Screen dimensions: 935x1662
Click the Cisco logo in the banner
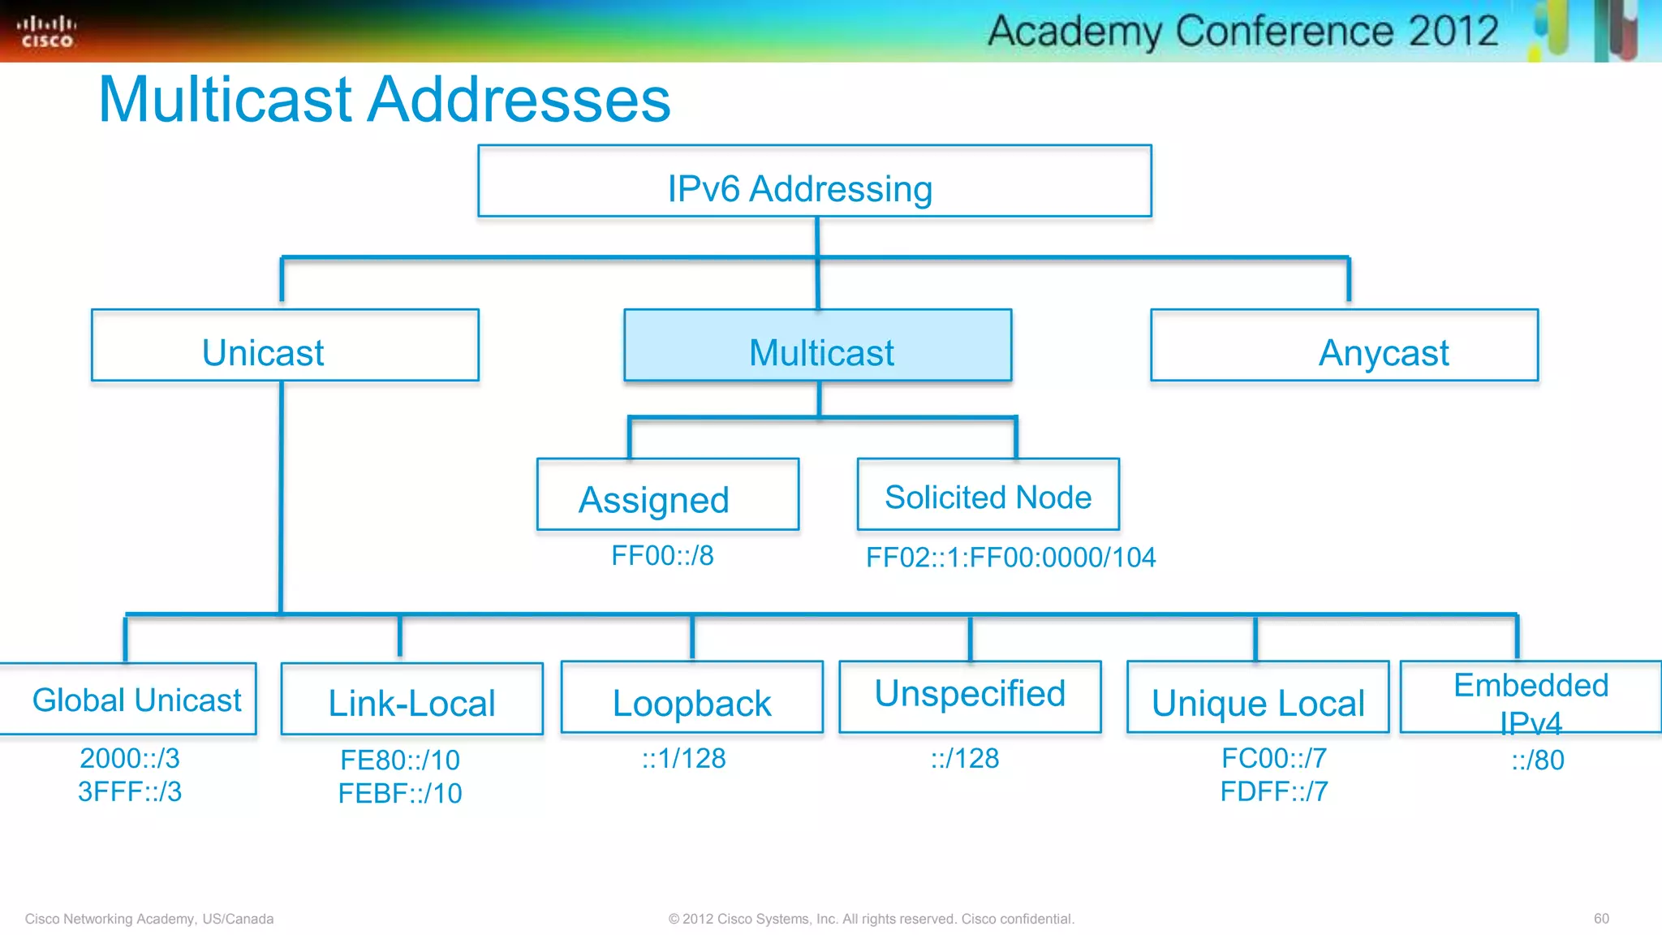coord(46,31)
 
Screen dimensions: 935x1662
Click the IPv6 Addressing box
coord(814,181)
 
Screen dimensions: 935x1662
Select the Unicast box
coord(285,346)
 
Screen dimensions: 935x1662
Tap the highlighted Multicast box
coord(817,346)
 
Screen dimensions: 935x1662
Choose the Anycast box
coord(1344,346)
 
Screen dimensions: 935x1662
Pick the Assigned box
coord(667,494)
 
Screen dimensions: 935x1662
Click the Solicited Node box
coord(988,494)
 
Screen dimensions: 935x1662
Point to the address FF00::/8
coord(662,556)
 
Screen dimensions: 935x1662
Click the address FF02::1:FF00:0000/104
coord(1010,558)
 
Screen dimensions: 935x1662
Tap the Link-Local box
coord(411,699)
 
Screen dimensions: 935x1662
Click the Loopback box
coord(691,698)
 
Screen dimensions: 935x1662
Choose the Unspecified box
coord(970,696)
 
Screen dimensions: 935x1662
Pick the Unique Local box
coord(1257,698)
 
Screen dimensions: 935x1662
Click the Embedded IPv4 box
coord(1531,697)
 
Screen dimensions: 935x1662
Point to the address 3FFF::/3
coord(130,791)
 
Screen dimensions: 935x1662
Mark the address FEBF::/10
coord(400,793)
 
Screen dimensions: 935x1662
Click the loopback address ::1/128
coord(683,758)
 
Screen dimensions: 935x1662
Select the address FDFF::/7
coord(1274,791)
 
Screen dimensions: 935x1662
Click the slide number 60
coord(1600,918)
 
